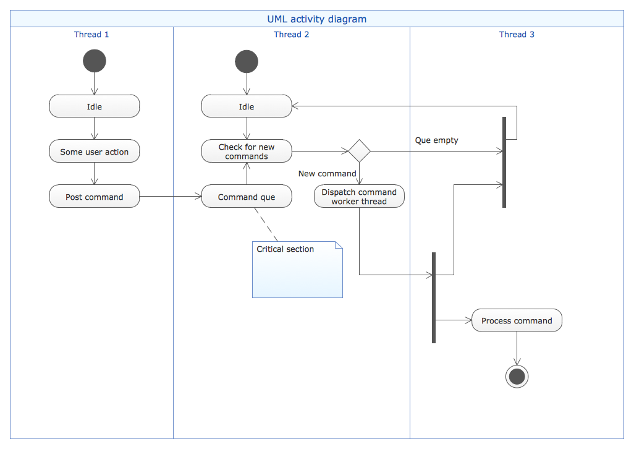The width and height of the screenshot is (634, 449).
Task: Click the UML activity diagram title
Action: pos(316,19)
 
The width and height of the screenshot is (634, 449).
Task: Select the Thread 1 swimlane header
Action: pos(91,35)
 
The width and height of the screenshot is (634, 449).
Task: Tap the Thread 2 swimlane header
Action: pos(292,35)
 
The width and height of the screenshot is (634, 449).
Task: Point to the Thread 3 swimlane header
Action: pos(517,35)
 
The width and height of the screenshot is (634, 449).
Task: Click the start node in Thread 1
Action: pos(94,61)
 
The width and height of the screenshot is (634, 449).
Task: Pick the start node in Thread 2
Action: pos(247,61)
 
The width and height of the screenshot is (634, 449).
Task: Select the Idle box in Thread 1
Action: pos(95,106)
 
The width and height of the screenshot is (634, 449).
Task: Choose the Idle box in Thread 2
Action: pos(247,106)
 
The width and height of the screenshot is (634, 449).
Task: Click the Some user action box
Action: pos(95,152)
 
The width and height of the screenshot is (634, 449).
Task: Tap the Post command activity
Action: pos(95,197)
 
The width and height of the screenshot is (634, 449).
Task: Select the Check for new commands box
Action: pos(247,152)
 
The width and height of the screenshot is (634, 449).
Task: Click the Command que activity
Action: pos(247,197)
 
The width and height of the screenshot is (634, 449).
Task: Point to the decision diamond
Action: pos(359,151)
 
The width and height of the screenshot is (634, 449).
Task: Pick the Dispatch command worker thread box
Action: pos(359,197)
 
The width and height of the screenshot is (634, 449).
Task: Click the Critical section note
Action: pos(297,270)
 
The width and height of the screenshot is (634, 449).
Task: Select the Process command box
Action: pos(517,320)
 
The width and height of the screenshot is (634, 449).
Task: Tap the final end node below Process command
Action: pos(517,376)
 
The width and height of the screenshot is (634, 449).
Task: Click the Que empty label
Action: pos(436,140)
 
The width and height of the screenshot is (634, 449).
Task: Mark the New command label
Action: pos(327,174)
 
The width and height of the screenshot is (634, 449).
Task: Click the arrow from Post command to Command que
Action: pos(171,197)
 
